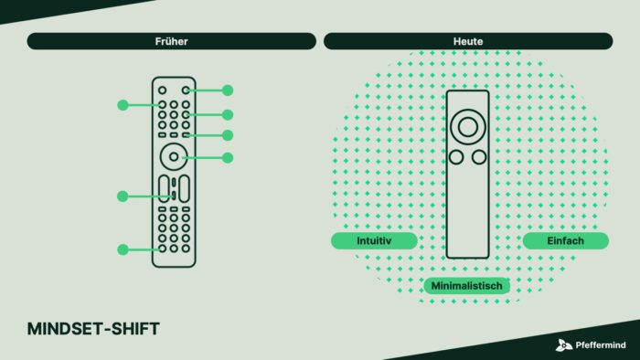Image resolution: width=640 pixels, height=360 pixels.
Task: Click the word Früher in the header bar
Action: point(172,41)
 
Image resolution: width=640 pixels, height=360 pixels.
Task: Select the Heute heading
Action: point(468,41)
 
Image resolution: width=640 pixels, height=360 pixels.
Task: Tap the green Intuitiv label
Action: point(374,240)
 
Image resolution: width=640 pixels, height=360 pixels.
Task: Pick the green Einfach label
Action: point(565,240)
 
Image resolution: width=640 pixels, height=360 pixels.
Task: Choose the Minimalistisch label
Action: point(466,286)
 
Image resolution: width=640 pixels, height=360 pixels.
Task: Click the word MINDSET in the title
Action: point(65,329)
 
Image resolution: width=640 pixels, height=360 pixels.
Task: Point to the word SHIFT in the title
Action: point(135,329)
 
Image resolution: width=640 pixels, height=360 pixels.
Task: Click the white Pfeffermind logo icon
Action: point(564,345)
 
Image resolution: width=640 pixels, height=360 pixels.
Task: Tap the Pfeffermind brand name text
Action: point(601,345)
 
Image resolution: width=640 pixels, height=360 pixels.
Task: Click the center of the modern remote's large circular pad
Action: point(468,127)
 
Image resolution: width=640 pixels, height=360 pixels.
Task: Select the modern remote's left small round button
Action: point(456,157)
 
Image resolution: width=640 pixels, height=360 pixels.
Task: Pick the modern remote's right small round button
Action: point(479,157)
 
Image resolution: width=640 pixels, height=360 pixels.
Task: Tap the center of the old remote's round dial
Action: point(174,156)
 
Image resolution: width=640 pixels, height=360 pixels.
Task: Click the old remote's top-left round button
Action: point(163,90)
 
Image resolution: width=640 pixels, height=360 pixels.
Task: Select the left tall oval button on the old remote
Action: point(164,188)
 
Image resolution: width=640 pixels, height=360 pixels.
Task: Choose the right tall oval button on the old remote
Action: point(184,188)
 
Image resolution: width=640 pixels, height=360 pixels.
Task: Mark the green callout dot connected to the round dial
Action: point(228,158)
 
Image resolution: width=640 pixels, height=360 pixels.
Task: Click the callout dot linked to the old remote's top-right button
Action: point(228,90)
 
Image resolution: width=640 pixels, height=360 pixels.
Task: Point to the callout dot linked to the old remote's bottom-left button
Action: point(123,249)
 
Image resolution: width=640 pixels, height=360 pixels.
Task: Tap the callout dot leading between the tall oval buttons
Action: point(123,196)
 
